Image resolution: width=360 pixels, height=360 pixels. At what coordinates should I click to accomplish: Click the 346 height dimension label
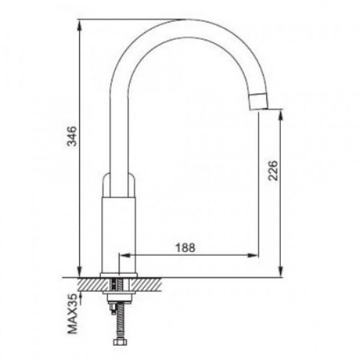pos(72,136)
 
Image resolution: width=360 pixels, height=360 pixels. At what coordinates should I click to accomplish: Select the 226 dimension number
pos(273,171)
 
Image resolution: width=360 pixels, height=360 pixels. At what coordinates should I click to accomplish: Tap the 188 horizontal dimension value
pos(186,248)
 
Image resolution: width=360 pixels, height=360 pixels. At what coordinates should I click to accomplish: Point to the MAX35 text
pos(73,314)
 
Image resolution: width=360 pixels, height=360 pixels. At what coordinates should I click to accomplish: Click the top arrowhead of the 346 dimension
pos(79,24)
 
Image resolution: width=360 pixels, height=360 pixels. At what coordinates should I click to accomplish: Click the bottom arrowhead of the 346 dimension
pos(79,272)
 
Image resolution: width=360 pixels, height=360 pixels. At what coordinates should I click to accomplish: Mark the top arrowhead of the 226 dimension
pos(280,115)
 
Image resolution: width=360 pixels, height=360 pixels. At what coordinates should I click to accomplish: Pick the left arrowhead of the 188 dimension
pos(125,255)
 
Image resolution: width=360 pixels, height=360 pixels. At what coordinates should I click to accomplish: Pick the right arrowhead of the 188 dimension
pos(253,255)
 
